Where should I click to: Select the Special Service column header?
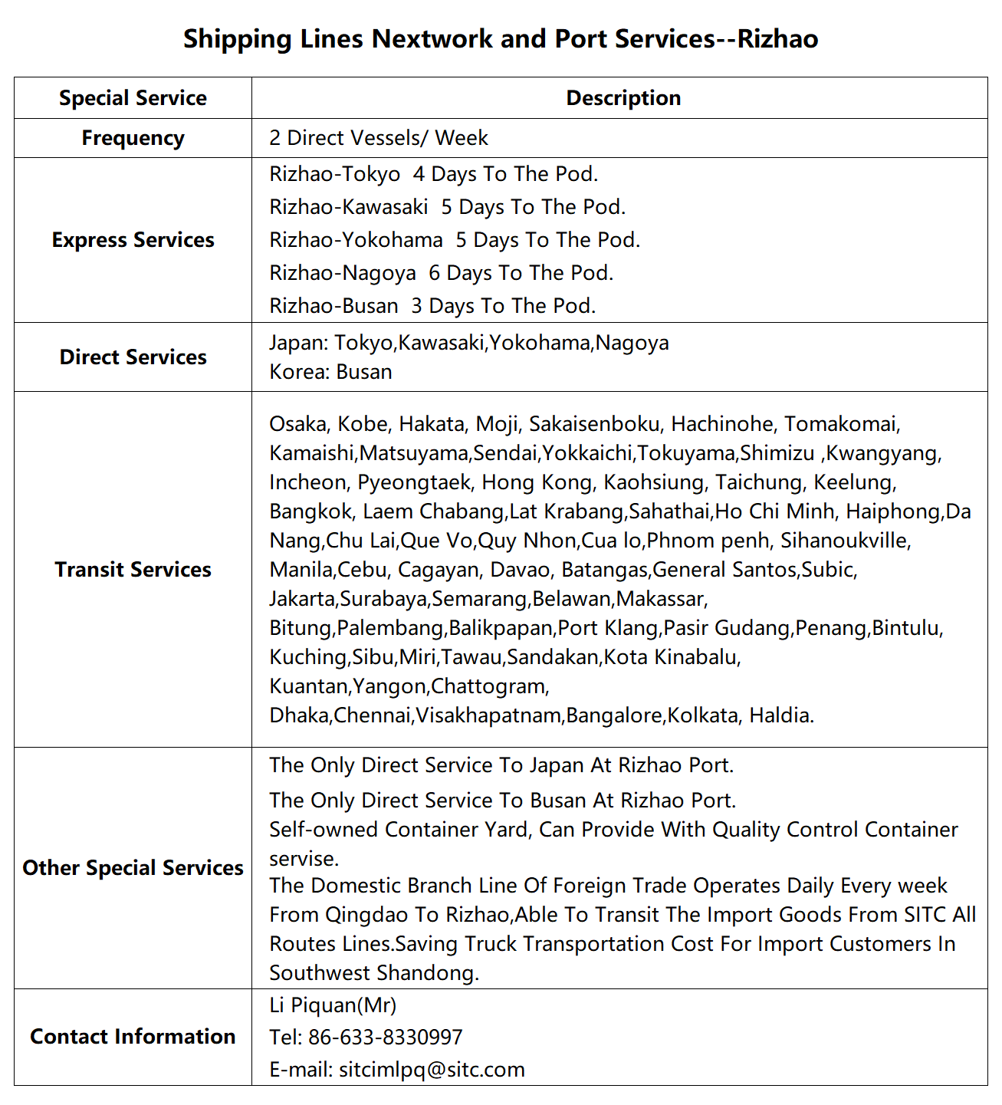(133, 98)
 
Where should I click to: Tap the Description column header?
(623, 98)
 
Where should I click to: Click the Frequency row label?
(133, 138)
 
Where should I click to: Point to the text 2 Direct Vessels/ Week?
(378, 138)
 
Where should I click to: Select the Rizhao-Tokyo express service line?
(433, 174)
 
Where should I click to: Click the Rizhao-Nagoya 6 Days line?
(441, 273)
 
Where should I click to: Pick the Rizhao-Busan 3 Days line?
(432, 306)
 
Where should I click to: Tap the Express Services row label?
(133, 240)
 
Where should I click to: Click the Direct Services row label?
(133, 357)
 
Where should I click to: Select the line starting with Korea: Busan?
(330, 372)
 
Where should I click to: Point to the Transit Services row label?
(133, 570)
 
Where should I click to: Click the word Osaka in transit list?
(297, 424)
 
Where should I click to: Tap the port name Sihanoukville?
(845, 541)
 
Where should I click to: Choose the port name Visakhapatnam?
(488, 715)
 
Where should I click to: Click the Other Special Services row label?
(133, 868)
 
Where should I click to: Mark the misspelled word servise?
(304, 859)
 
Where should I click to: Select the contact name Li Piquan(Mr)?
(333, 1005)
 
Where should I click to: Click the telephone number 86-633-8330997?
(385, 1038)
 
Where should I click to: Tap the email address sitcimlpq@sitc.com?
(432, 1070)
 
